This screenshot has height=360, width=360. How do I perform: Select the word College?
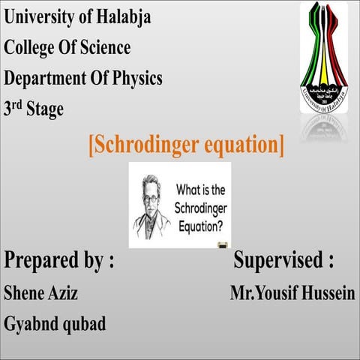(31, 48)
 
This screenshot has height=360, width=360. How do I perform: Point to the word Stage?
(45, 109)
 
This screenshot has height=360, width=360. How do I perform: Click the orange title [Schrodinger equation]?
(186, 144)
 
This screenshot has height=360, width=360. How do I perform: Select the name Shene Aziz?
(41, 292)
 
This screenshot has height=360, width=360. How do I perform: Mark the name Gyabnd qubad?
(55, 324)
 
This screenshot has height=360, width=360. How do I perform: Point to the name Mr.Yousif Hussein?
(292, 292)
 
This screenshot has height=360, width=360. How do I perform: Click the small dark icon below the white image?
(222, 245)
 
